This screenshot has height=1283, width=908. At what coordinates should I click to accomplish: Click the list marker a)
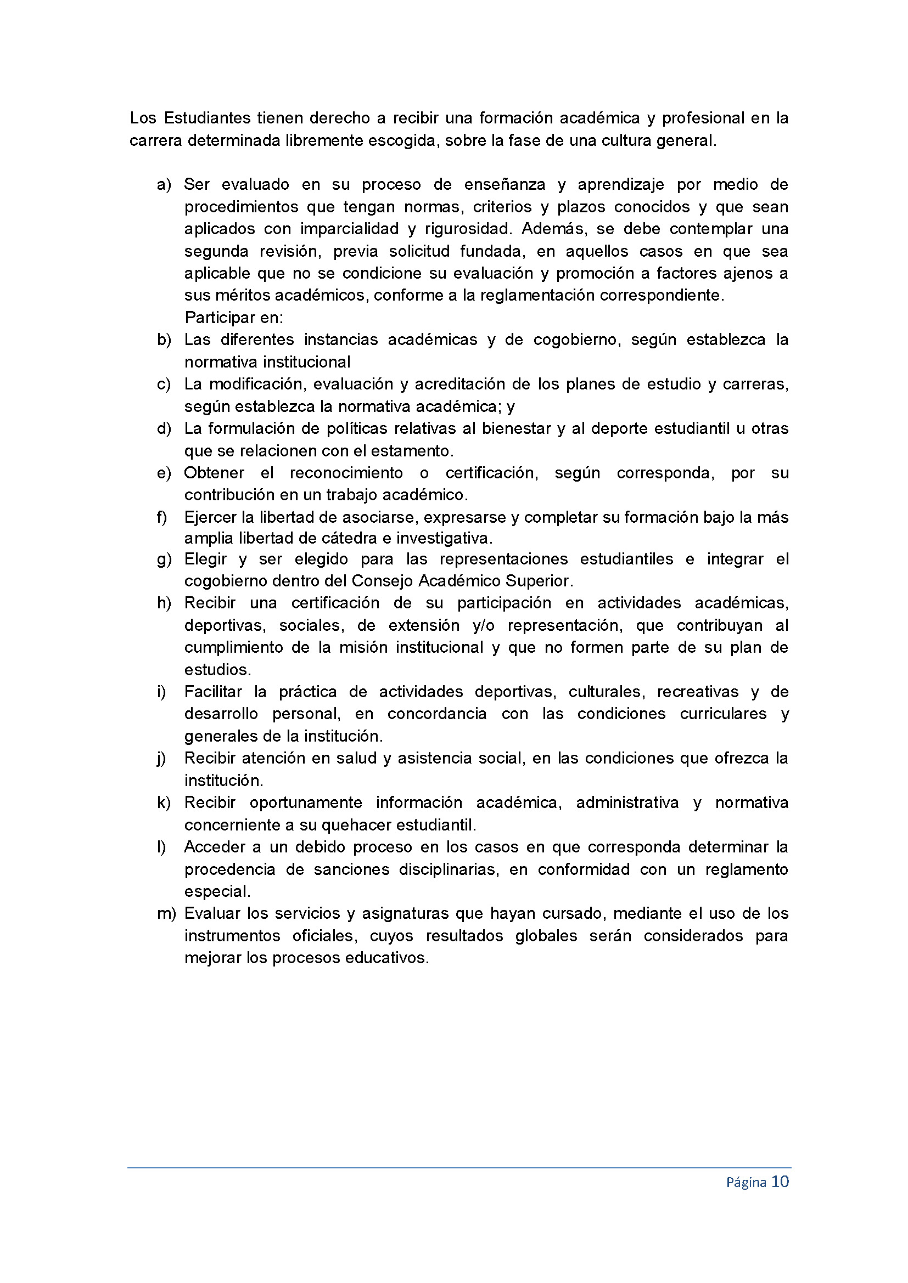tap(164, 185)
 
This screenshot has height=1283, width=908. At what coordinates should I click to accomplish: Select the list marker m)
tap(166, 914)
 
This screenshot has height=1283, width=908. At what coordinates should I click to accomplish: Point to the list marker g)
tap(164, 559)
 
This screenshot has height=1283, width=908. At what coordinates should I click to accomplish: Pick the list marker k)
tap(164, 803)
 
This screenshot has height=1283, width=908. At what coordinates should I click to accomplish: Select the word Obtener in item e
tap(214, 473)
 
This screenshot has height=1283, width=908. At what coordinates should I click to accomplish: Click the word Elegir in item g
tap(205, 559)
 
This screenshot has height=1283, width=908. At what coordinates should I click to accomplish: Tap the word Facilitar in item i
tap(213, 692)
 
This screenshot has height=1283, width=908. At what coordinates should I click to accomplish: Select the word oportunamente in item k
tap(305, 803)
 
